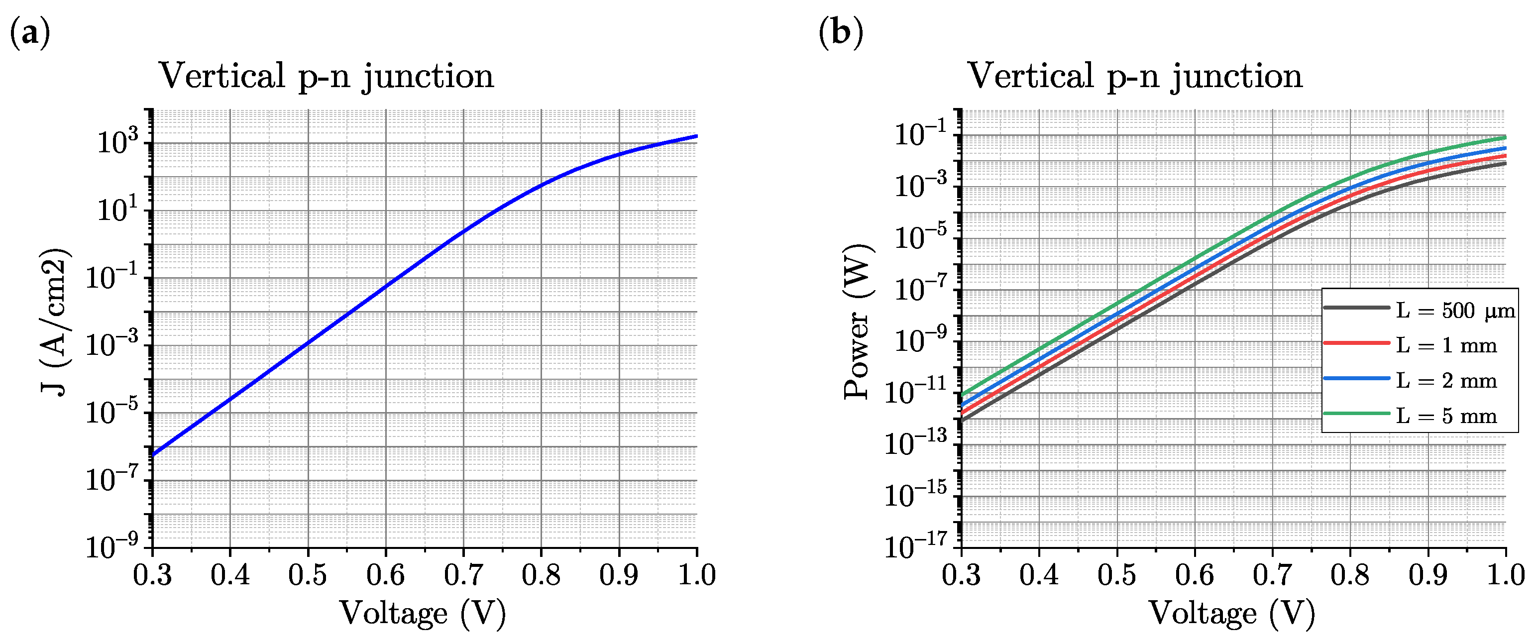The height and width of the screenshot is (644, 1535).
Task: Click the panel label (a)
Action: tap(30, 33)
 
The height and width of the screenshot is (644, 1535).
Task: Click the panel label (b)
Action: tap(840, 33)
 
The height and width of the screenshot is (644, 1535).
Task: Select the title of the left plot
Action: tap(326, 76)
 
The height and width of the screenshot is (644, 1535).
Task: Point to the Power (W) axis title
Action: tap(859, 322)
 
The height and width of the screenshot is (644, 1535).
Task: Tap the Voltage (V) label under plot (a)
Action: tap(423, 614)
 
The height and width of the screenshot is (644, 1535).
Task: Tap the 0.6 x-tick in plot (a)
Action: tap(386, 575)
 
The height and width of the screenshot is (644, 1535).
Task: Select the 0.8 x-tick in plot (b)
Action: tap(1350, 575)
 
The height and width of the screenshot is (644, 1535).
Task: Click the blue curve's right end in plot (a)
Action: tap(696, 136)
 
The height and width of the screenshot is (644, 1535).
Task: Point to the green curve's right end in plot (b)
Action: tap(1505, 138)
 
